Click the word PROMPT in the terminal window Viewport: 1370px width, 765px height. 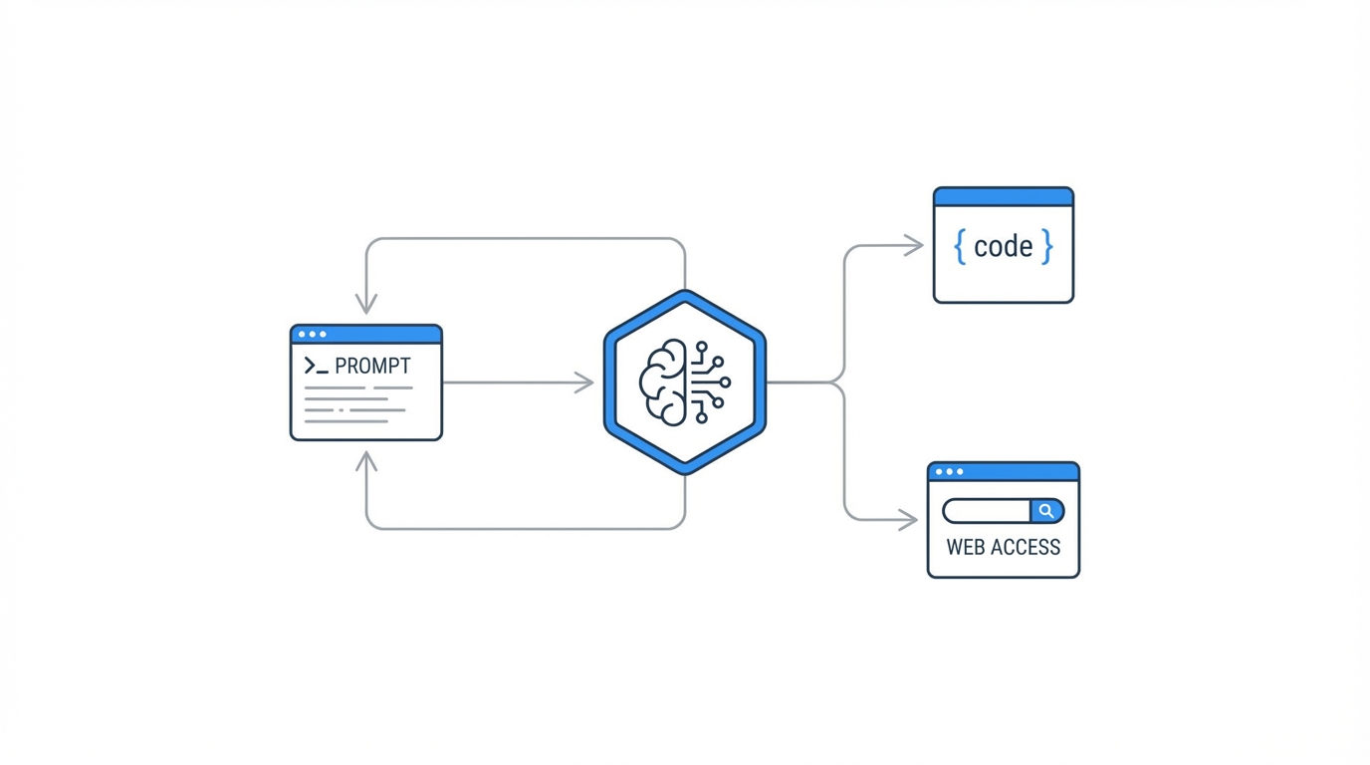pos(372,367)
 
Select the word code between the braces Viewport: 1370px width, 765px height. pos(1003,246)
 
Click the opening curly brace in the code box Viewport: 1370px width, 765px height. pos(960,246)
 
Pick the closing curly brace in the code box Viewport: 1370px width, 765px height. pos(1046,246)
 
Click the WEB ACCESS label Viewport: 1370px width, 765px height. pos(1003,547)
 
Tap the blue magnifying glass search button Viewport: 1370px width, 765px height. pos(1046,511)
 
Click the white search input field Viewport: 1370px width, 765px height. pos(987,511)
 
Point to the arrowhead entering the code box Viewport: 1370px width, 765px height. pos(915,245)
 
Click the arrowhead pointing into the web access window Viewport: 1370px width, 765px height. pos(909,520)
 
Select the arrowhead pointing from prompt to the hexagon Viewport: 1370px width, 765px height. pos(585,382)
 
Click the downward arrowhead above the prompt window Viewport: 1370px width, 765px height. pos(366,304)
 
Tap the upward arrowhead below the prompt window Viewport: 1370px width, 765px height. pos(366,461)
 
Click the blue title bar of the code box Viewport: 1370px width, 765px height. pos(1003,197)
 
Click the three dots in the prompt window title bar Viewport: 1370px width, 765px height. pos(313,335)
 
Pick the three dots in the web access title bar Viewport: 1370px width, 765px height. pos(949,472)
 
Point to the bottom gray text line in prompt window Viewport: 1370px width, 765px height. pos(345,421)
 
